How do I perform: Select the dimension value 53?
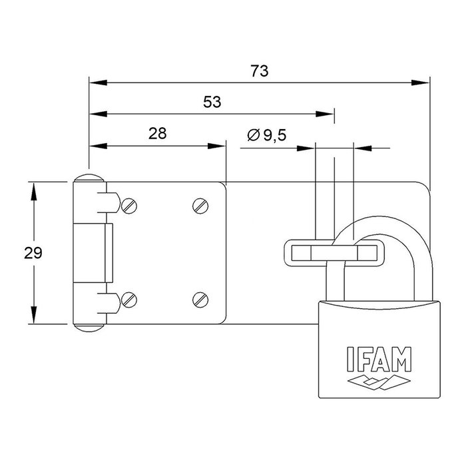click(212, 102)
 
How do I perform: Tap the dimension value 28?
click(157, 133)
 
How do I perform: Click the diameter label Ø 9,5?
click(266, 136)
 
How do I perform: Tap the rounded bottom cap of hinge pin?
click(89, 327)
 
